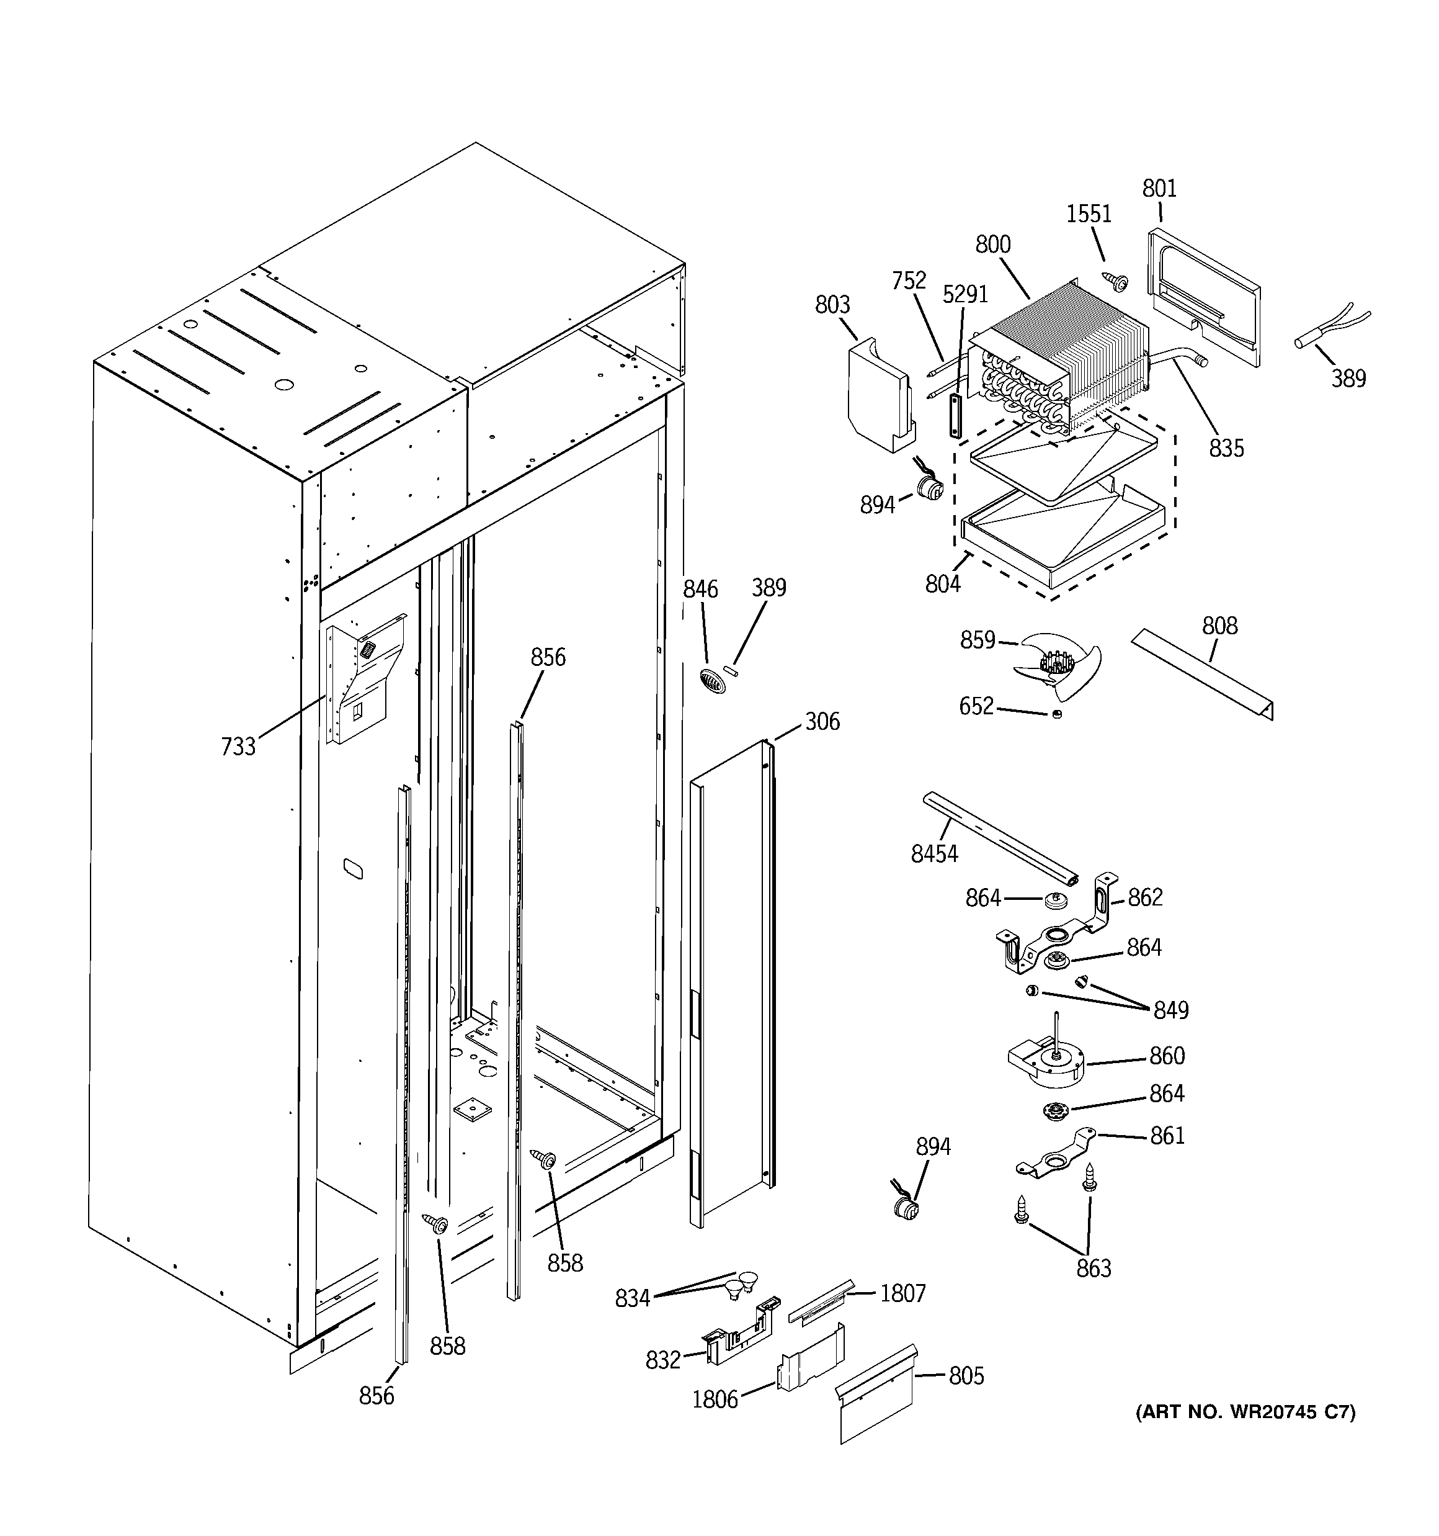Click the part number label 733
238,747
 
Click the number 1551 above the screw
1089,214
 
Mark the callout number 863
1094,1268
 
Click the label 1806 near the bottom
715,1399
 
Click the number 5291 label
965,294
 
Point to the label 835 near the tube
1226,448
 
